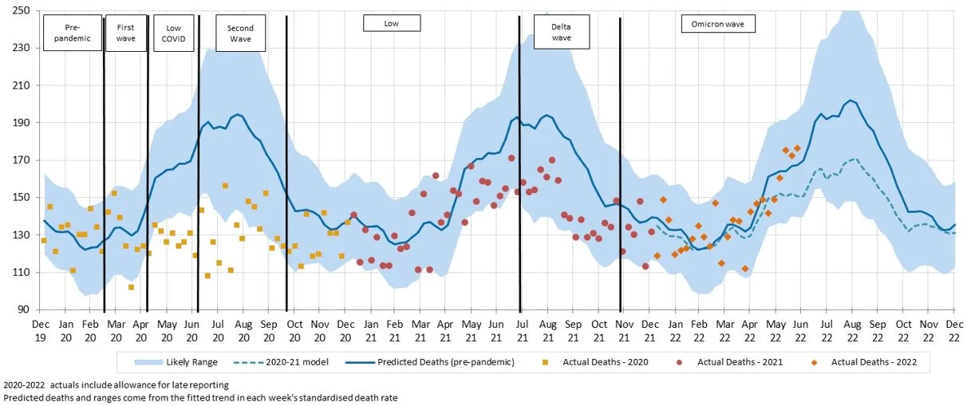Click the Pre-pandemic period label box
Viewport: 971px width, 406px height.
point(73,33)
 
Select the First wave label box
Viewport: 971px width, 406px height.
point(125,33)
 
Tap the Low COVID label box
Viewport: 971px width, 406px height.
point(173,33)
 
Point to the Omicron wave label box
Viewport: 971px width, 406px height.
point(718,24)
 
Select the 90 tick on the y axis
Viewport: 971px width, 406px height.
point(24,310)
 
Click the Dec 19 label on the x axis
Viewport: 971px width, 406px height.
point(40,330)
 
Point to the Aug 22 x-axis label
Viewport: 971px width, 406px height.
point(852,330)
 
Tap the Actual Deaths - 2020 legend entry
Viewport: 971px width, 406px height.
point(598,362)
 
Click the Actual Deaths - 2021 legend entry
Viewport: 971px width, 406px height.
point(732,362)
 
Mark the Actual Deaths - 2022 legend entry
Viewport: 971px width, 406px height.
point(866,362)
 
